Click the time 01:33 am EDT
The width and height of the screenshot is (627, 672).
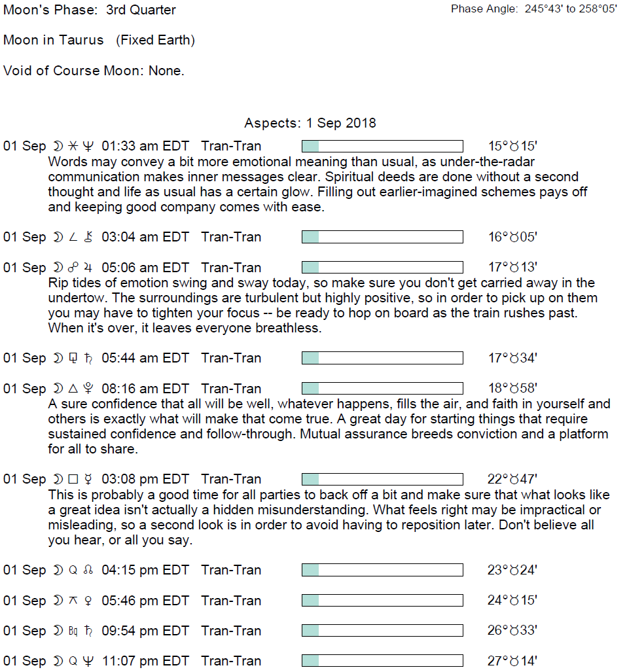pyautogui.click(x=145, y=146)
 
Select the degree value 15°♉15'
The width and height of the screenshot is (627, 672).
pyautogui.click(x=512, y=146)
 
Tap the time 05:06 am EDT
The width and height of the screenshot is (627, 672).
pyautogui.click(x=145, y=268)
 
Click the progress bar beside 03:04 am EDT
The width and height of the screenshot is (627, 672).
pyautogui.click(x=382, y=237)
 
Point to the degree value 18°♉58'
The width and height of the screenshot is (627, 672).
pyautogui.click(x=512, y=389)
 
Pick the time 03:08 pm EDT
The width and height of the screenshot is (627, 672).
pyautogui.click(x=145, y=479)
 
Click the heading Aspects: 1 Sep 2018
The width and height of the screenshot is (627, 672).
pyautogui.click(x=310, y=123)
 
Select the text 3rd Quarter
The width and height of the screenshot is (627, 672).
pyautogui.click(x=141, y=10)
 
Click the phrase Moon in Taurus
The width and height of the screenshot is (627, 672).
pyautogui.click(x=54, y=40)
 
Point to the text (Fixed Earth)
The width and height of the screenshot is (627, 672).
pyautogui.click(x=155, y=40)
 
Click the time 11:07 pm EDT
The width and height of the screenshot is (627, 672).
pyautogui.click(x=145, y=661)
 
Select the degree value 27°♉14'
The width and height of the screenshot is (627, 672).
pyautogui.click(x=512, y=661)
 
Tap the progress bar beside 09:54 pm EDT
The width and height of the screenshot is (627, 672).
pyautogui.click(x=382, y=631)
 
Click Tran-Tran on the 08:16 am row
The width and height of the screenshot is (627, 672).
pyautogui.click(x=231, y=389)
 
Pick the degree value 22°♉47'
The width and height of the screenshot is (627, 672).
pyautogui.click(x=512, y=479)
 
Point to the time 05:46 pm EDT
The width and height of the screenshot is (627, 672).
pyautogui.click(x=145, y=601)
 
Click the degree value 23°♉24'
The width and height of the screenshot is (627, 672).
pyautogui.click(x=512, y=570)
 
